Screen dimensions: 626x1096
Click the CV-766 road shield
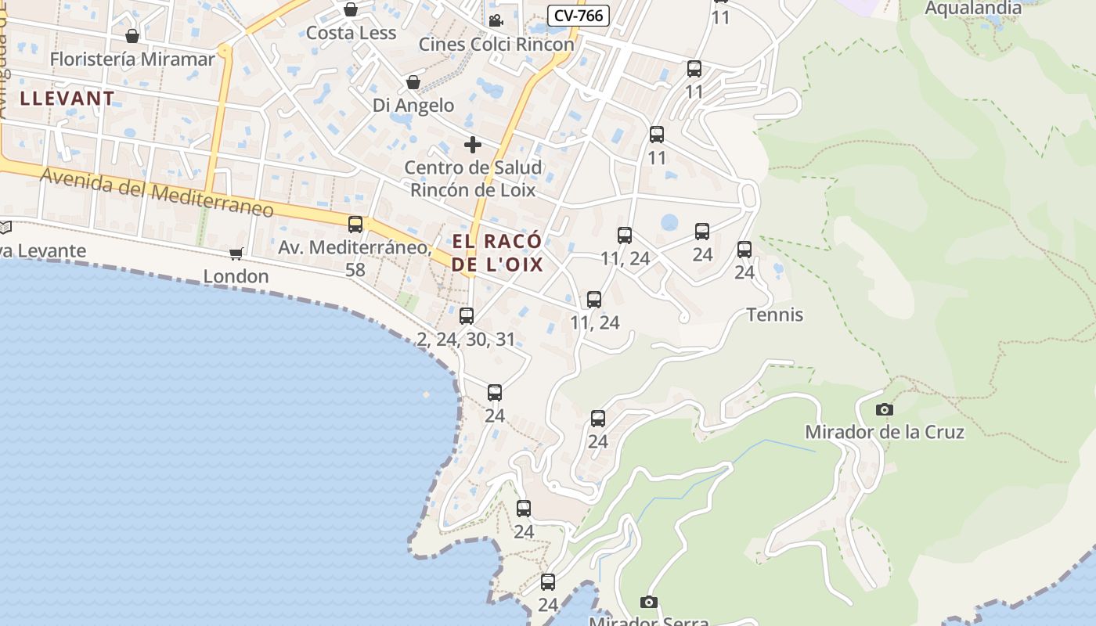(x=578, y=15)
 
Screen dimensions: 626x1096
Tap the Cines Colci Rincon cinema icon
(x=495, y=20)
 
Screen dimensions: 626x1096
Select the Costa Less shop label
(x=351, y=33)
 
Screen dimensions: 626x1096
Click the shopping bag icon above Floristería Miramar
(x=132, y=36)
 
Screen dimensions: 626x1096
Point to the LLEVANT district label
(x=67, y=99)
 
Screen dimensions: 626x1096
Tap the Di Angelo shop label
(x=413, y=105)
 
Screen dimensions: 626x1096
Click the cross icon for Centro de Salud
(x=472, y=145)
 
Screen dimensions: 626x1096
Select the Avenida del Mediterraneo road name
(x=157, y=192)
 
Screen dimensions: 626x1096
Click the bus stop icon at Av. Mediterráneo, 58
(x=355, y=225)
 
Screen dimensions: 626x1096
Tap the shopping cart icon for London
(x=236, y=254)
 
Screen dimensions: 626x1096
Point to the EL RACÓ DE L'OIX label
(x=497, y=252)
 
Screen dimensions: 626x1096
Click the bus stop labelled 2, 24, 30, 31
(x=467, y=315)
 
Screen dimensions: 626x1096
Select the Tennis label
(x=775, y=315)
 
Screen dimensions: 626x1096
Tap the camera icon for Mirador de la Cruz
(x=884, y=409)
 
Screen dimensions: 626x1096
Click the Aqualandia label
(x=973, y=9)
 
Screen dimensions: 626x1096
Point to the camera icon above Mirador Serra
(x=648, y=602)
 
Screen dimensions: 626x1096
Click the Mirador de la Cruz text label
(x=885, y=432)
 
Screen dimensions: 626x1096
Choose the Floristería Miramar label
(x=132, y=59)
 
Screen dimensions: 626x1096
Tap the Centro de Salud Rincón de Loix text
(x=473, y=178)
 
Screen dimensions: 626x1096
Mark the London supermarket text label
(x=236, y=276)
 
